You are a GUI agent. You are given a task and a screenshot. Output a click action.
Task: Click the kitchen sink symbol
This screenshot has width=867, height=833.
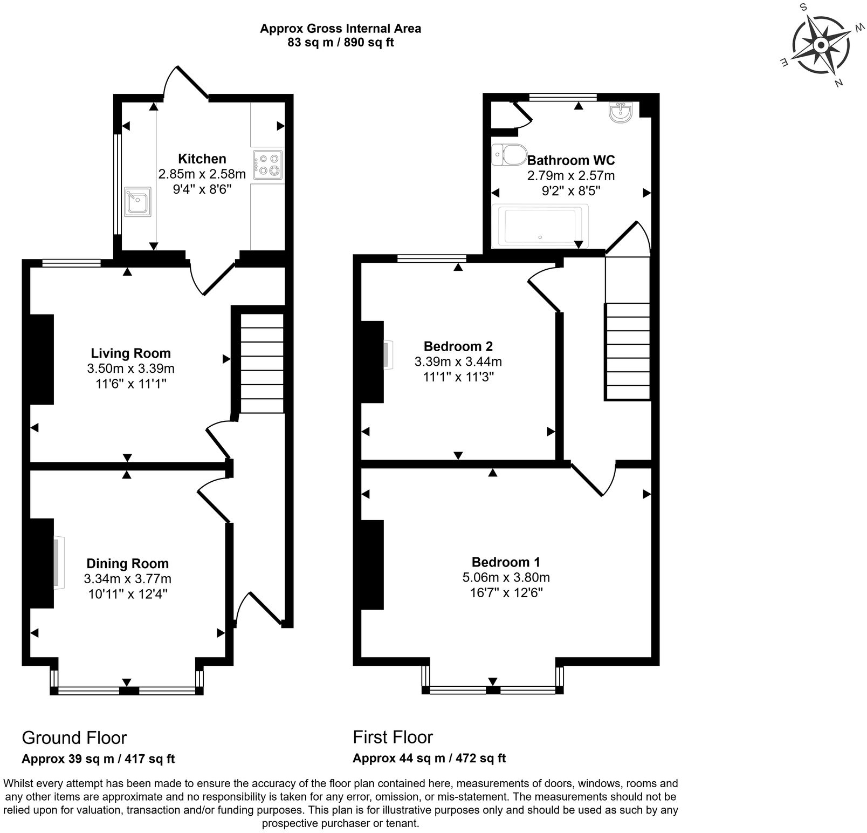pyautogui.click(x=137, y=202)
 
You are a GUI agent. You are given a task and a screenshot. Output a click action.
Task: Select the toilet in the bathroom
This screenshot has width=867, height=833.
pyautogui.click(x=510, y=154)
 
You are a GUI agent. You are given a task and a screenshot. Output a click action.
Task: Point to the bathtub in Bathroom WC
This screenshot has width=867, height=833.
pyautogui.click(x=541, y=226)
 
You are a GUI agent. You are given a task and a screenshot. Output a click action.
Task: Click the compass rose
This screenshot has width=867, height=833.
pyautogui.click(x=820, y=45)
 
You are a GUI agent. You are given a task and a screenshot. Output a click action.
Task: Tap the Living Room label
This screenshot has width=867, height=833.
pyautogui.click(x=130, y=353)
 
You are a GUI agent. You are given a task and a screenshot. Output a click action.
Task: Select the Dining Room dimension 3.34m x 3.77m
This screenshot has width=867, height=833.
pyautogui.click(x=128, y=579)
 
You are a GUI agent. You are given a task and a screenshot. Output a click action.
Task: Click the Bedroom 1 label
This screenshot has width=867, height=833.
pyautogui.click(x=506, y=562)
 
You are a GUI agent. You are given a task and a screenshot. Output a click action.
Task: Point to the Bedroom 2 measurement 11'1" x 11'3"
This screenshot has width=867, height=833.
pyautogui.click(x=458, y=377)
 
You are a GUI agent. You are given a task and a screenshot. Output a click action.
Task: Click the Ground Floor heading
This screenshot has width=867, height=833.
pyautogui.click(x=74, y=738)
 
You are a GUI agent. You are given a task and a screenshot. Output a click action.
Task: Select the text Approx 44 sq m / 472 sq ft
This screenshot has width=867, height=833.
pyautogui.click(x=429, y=758)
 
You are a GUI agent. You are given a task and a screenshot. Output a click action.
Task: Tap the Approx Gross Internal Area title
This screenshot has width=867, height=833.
pyautogui.click(x=340, y=28)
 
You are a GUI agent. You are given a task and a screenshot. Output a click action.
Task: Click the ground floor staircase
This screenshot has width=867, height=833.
pyautogui.click(x=261, y=364)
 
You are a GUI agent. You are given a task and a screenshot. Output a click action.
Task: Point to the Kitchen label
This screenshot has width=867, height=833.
pyautogui.click(x=202, y=159)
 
